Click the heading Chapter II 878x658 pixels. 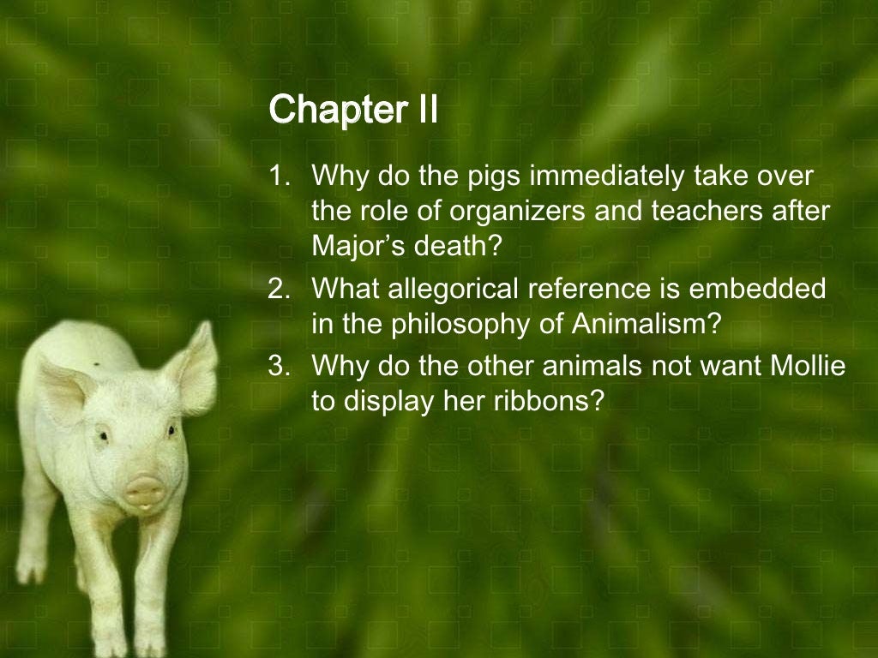pos(353,110)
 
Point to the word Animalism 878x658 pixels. pos(651,324)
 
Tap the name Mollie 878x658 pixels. pos(799,366)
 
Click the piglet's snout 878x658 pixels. pos(143,491)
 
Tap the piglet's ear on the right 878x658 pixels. pos(192,368)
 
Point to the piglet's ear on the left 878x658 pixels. pos(60,390)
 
